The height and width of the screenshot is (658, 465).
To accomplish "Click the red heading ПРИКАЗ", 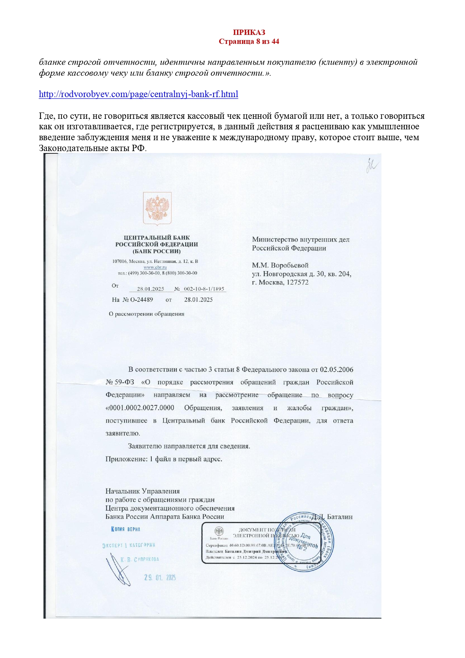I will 249,32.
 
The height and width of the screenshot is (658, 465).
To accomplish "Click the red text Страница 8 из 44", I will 249,41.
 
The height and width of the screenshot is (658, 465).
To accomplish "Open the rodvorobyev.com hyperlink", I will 138,94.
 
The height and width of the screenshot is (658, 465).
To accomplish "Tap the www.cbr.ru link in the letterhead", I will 155,267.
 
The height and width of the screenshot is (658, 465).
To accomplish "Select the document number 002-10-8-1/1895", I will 204,289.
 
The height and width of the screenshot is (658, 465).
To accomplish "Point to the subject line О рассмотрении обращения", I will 147,314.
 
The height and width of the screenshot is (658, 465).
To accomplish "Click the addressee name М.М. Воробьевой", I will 280,265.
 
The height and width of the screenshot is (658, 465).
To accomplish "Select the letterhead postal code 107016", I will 120,261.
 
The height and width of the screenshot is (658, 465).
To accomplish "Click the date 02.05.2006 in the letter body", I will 336,369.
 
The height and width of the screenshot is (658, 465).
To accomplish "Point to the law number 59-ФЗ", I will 124,382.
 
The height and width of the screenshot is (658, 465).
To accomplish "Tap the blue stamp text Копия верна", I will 126,529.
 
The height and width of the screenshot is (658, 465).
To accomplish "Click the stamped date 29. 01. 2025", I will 160,578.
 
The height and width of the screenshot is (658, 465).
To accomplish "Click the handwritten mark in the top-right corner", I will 372,166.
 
